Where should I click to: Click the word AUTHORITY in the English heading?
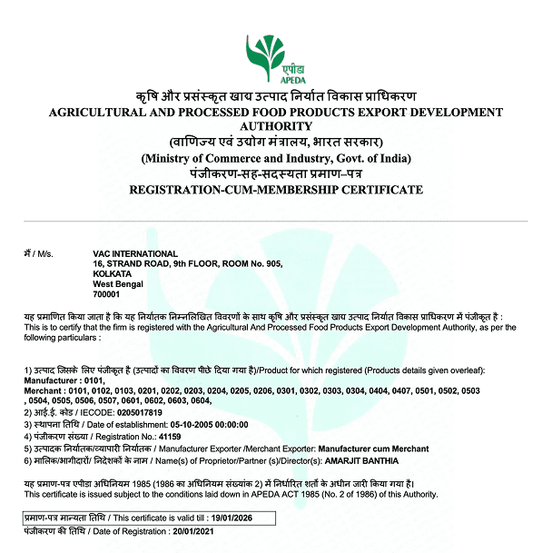pyautogui.click(x=275, y=127)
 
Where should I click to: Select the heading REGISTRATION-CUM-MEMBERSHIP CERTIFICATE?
pyautogui.click(x=275, y=190)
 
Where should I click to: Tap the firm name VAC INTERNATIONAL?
pyautogui.click(x=135, y=253)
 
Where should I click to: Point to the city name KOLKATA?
pyautogui.click(x=113, y=273)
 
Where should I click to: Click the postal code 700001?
pyautogui.click(x=106, y=293)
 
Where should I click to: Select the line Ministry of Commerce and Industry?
pyautogui.click(x=275, y=159)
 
